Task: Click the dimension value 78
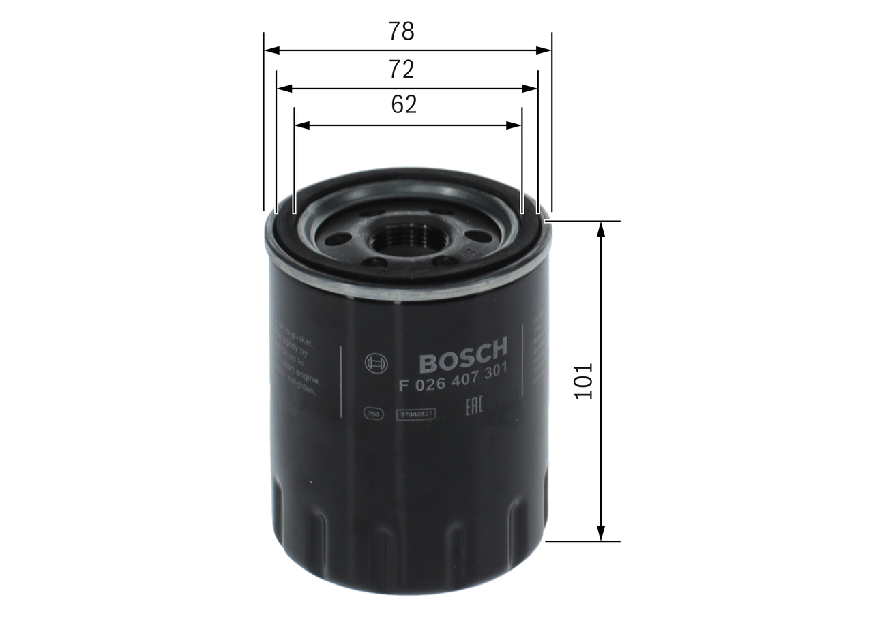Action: (402, 31)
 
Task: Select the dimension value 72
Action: (402, 69)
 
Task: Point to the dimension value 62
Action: (404, 105)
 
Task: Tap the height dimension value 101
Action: (584, 381)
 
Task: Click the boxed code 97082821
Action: (415, 412)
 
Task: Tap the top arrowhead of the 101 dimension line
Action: (601, 229)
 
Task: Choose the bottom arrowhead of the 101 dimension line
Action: (601, 534)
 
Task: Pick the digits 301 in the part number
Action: (494, 373)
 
